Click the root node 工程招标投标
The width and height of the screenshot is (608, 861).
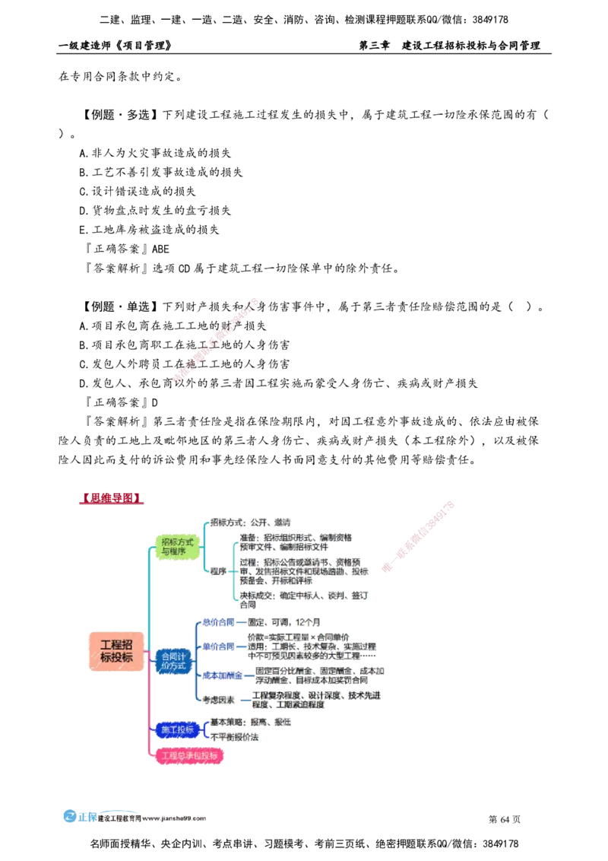[116, 650]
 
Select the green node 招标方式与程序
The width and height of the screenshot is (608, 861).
[178, 546]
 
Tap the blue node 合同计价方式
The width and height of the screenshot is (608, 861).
[173, 660]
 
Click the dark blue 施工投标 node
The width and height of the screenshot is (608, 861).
[176, 729]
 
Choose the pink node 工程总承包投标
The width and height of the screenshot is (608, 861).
[189, 756]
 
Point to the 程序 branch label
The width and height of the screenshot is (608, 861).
[218, 570]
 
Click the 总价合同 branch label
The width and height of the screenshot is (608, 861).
[218, 621]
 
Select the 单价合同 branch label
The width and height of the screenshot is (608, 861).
[218, 647]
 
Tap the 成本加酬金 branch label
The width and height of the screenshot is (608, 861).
[222, 675]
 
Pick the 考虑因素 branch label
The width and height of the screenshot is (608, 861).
[218, 699]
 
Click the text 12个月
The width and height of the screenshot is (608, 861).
[308, 621]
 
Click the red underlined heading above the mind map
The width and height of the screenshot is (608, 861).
[110, 499]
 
